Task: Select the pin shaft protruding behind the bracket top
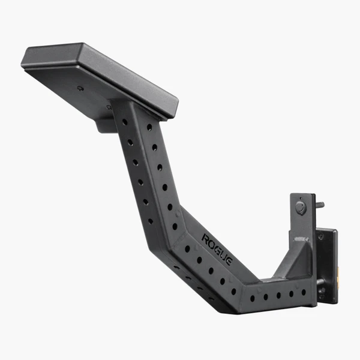tap(319, 205)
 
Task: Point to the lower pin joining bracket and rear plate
tap(320, 282)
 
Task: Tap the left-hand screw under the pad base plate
tap(80, 88)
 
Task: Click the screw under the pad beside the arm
tap(109, 107)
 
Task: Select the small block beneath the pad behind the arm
tap(106, 125)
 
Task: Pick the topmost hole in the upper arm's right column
tap(149, 127)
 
